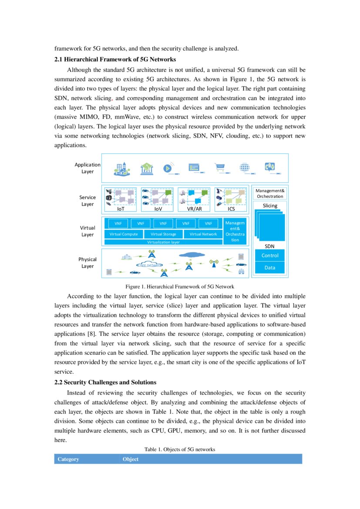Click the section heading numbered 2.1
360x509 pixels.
click(x=115, y=59)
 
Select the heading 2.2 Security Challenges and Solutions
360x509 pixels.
click(x=105, y=382)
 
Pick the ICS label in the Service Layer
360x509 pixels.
click(x=231, y=209)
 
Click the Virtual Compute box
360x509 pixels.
click(x=124, y=234)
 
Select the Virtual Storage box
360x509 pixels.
click(x=163, y=234)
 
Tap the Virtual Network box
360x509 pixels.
click(x=203, y=234)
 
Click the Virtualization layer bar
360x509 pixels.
click(x=163, y=242)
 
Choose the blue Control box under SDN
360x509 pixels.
click(x=270, y=256)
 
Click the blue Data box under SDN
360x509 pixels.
click(x=270, y=267)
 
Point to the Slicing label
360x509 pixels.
click(x=270, y=206)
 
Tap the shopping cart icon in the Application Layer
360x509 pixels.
click(x=220, y=168)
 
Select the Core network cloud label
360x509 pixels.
click(x=149, y=264)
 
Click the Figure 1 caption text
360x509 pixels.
click(x=180, y=287)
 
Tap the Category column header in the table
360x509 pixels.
click(x=68, y=459)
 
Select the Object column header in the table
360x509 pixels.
click(x=131, y=459)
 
